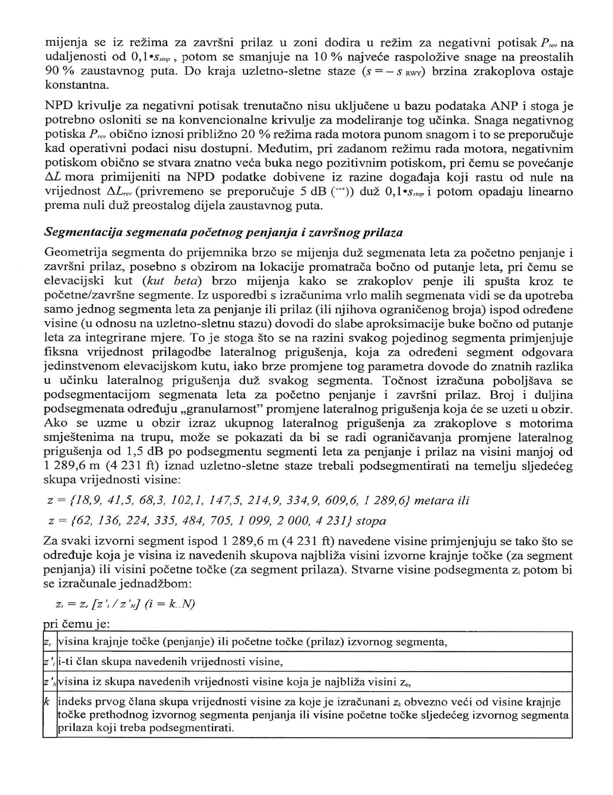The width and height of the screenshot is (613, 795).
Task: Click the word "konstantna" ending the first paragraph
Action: click(76, 85)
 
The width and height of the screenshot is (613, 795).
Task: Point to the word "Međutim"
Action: click(282, 149)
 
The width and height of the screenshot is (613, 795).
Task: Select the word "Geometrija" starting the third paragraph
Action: click(75, 252)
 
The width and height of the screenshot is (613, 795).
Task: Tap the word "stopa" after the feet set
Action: click(371, 521)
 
